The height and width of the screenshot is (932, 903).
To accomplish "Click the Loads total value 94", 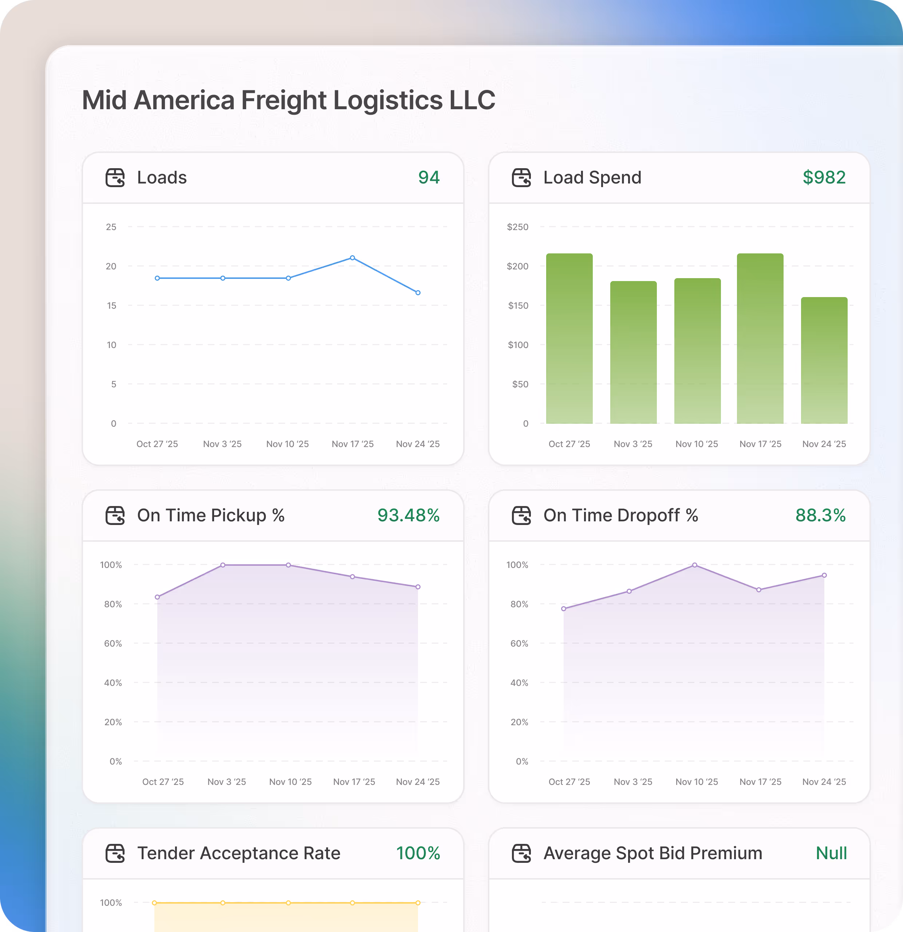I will point(429,177).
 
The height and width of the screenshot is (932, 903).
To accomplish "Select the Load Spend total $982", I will point(824,177).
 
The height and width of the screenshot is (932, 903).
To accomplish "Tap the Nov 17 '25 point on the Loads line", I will point(352,258).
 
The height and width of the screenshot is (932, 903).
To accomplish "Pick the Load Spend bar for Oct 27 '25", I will point(569,339).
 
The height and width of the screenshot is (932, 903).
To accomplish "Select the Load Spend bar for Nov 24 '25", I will point(824,360).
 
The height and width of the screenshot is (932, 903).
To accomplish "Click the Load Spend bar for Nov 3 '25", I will point(634,352).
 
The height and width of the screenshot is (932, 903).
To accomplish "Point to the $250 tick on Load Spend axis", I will point(517,227).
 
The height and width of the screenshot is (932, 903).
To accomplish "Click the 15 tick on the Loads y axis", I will point(111,305).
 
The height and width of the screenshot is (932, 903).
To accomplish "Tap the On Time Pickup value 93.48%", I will point(408,516).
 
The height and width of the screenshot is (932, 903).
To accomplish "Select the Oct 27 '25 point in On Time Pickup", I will point(157,597).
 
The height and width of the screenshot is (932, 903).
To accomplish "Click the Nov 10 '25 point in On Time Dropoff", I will point(695,565).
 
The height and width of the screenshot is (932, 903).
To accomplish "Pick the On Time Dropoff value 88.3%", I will point(820,516).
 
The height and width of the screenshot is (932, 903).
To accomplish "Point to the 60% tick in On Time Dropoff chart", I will point(519,643).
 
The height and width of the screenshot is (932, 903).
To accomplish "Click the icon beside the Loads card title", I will point(115,177).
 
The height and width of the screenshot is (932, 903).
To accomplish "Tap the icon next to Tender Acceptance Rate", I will point(115,853).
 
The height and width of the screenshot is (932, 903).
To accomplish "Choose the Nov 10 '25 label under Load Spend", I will point(697,444).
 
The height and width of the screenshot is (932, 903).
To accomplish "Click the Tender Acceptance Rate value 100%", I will point(418,853).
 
